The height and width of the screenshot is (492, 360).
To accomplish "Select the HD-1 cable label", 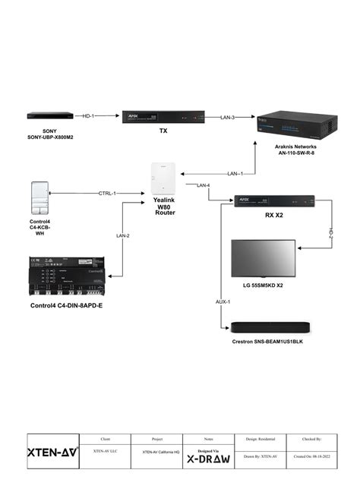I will (x=88, y=116).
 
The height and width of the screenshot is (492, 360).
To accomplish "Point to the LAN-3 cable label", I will (x=227, y=117).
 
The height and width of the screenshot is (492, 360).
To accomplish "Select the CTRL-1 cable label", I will (x=107, y=194).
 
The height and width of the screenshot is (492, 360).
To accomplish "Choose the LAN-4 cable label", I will (x=203, y=185).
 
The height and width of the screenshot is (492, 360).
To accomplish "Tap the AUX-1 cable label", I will (x=223, y=301).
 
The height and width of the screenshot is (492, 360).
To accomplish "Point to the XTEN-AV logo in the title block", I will (x=52, y=452).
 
